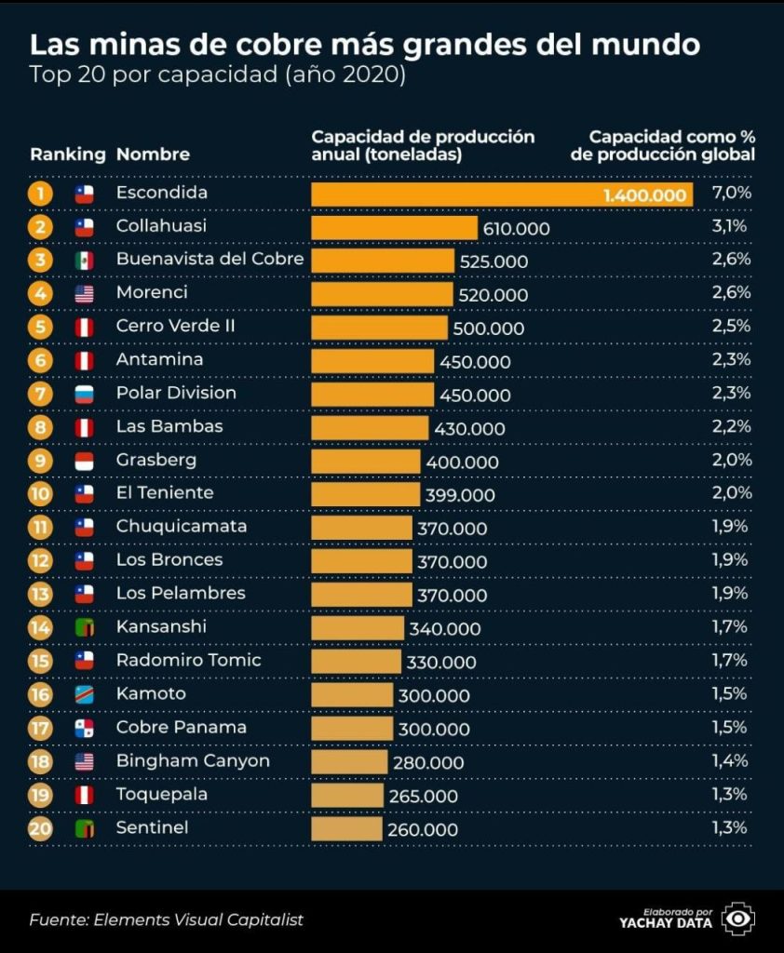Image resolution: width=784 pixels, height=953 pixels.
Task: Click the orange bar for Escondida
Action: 503,195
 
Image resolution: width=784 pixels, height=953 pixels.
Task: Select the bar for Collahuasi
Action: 394,228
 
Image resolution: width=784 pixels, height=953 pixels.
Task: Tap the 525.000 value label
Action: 493,262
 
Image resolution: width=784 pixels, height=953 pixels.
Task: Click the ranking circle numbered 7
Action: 40,394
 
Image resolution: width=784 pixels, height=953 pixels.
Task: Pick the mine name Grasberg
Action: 155,460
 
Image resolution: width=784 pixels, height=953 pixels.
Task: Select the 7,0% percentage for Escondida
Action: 731,194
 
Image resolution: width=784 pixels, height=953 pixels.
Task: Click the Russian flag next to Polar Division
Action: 85,394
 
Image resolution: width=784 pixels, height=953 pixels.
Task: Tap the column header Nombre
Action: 153,154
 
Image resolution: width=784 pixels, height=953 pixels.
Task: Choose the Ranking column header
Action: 67,154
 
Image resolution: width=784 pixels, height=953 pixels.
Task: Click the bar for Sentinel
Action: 346,828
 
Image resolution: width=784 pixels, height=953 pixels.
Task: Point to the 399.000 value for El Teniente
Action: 460,495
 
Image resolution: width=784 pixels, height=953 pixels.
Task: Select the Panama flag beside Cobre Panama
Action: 85,728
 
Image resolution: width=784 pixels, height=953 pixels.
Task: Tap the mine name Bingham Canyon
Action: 193,760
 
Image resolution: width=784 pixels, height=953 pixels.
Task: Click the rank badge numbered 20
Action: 40,828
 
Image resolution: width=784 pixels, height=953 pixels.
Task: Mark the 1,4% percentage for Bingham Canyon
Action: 731,761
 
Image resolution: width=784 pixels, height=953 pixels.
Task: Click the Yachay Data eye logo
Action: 739,919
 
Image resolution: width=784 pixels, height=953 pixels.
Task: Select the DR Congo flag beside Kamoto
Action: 85,694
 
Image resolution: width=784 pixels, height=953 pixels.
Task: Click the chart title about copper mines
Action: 365,45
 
